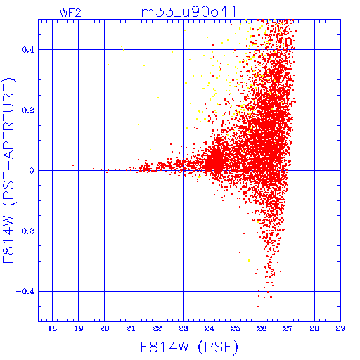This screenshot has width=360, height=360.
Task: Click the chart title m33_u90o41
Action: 189,12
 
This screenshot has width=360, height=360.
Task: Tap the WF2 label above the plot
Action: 70,13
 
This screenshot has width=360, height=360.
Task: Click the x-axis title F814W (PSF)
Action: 189,347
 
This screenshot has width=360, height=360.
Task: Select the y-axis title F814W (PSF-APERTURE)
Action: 8,170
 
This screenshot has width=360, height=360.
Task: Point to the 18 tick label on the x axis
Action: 52,328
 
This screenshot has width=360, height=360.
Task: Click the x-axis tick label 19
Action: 79,328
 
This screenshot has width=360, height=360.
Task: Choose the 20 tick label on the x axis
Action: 105,328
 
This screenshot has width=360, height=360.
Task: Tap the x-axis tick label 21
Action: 131,328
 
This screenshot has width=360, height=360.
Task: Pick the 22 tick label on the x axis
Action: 157,328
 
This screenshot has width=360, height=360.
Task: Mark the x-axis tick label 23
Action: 184,328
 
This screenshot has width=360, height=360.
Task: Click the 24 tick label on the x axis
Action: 210,328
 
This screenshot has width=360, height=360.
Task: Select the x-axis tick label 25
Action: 236,328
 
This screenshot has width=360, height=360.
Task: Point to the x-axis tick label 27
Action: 288,328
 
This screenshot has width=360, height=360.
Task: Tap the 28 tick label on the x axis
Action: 314,328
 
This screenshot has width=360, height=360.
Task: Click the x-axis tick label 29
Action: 340,328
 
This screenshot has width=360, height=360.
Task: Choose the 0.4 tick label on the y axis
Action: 28,50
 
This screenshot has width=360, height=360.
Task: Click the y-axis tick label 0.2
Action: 28,110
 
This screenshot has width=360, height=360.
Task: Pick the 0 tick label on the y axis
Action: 32,171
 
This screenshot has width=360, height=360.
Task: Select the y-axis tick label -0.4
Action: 25,292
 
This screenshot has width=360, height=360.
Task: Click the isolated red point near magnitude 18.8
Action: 73,165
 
